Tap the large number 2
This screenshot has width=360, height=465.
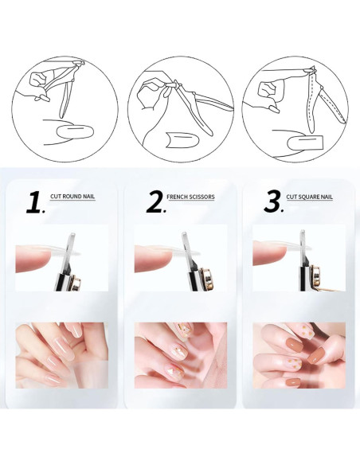(155, 202)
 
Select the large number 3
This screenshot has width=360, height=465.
(273, 202)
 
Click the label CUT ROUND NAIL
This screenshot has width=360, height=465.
(72, 197)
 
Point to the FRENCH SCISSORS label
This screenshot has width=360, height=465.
(190, 197)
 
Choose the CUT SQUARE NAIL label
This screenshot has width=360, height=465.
(310, 197)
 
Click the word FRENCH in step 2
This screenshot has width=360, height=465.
(176, 197)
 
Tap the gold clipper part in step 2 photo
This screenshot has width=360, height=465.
(207, 279)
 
